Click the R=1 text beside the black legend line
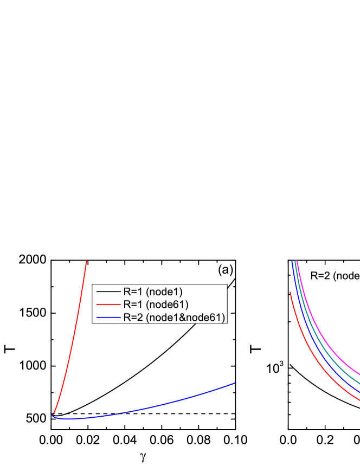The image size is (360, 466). pos(133,292)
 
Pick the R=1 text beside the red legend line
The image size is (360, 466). pos(133,305)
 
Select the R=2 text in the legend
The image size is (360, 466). pos(133,317)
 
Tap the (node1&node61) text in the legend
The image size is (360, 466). pos(185,317)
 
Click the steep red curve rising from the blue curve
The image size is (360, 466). pos(71,347)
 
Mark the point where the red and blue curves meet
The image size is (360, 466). pos(52,415)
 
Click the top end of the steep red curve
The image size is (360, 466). pos(87,261)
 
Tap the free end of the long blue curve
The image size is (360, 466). pos(235,383)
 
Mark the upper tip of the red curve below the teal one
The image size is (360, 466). pos(290,292)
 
